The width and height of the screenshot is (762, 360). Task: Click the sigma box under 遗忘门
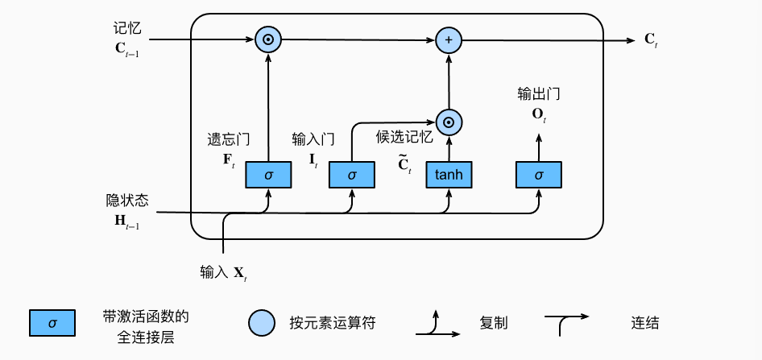[x=268, y=174]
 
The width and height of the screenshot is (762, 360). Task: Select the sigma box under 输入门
[x=352, y=174]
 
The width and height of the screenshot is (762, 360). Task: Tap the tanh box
[x=449, y=174]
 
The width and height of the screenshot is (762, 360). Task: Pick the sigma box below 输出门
[x=539, y=174]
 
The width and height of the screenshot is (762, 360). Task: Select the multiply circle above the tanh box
[x=449, y=121]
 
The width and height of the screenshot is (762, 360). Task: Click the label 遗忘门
[x=224, y=139]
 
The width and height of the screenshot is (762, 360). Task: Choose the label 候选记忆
[x=404, y=138]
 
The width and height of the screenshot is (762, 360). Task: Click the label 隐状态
[x=127, y=200]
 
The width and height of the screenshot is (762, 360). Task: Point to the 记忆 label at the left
[x=127, y=28]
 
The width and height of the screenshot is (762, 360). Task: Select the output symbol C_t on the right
[x=651, y=39]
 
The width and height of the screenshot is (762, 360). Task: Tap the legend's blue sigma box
[x=52, y=323]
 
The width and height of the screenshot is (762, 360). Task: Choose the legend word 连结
[x=645, y=323]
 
